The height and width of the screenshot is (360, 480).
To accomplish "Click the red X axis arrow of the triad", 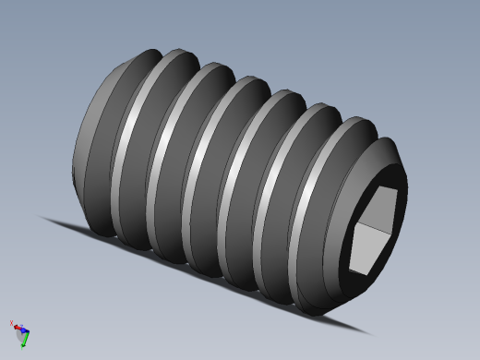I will tap(16, 327).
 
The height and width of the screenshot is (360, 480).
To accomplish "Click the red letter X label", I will tap(11, 323).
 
